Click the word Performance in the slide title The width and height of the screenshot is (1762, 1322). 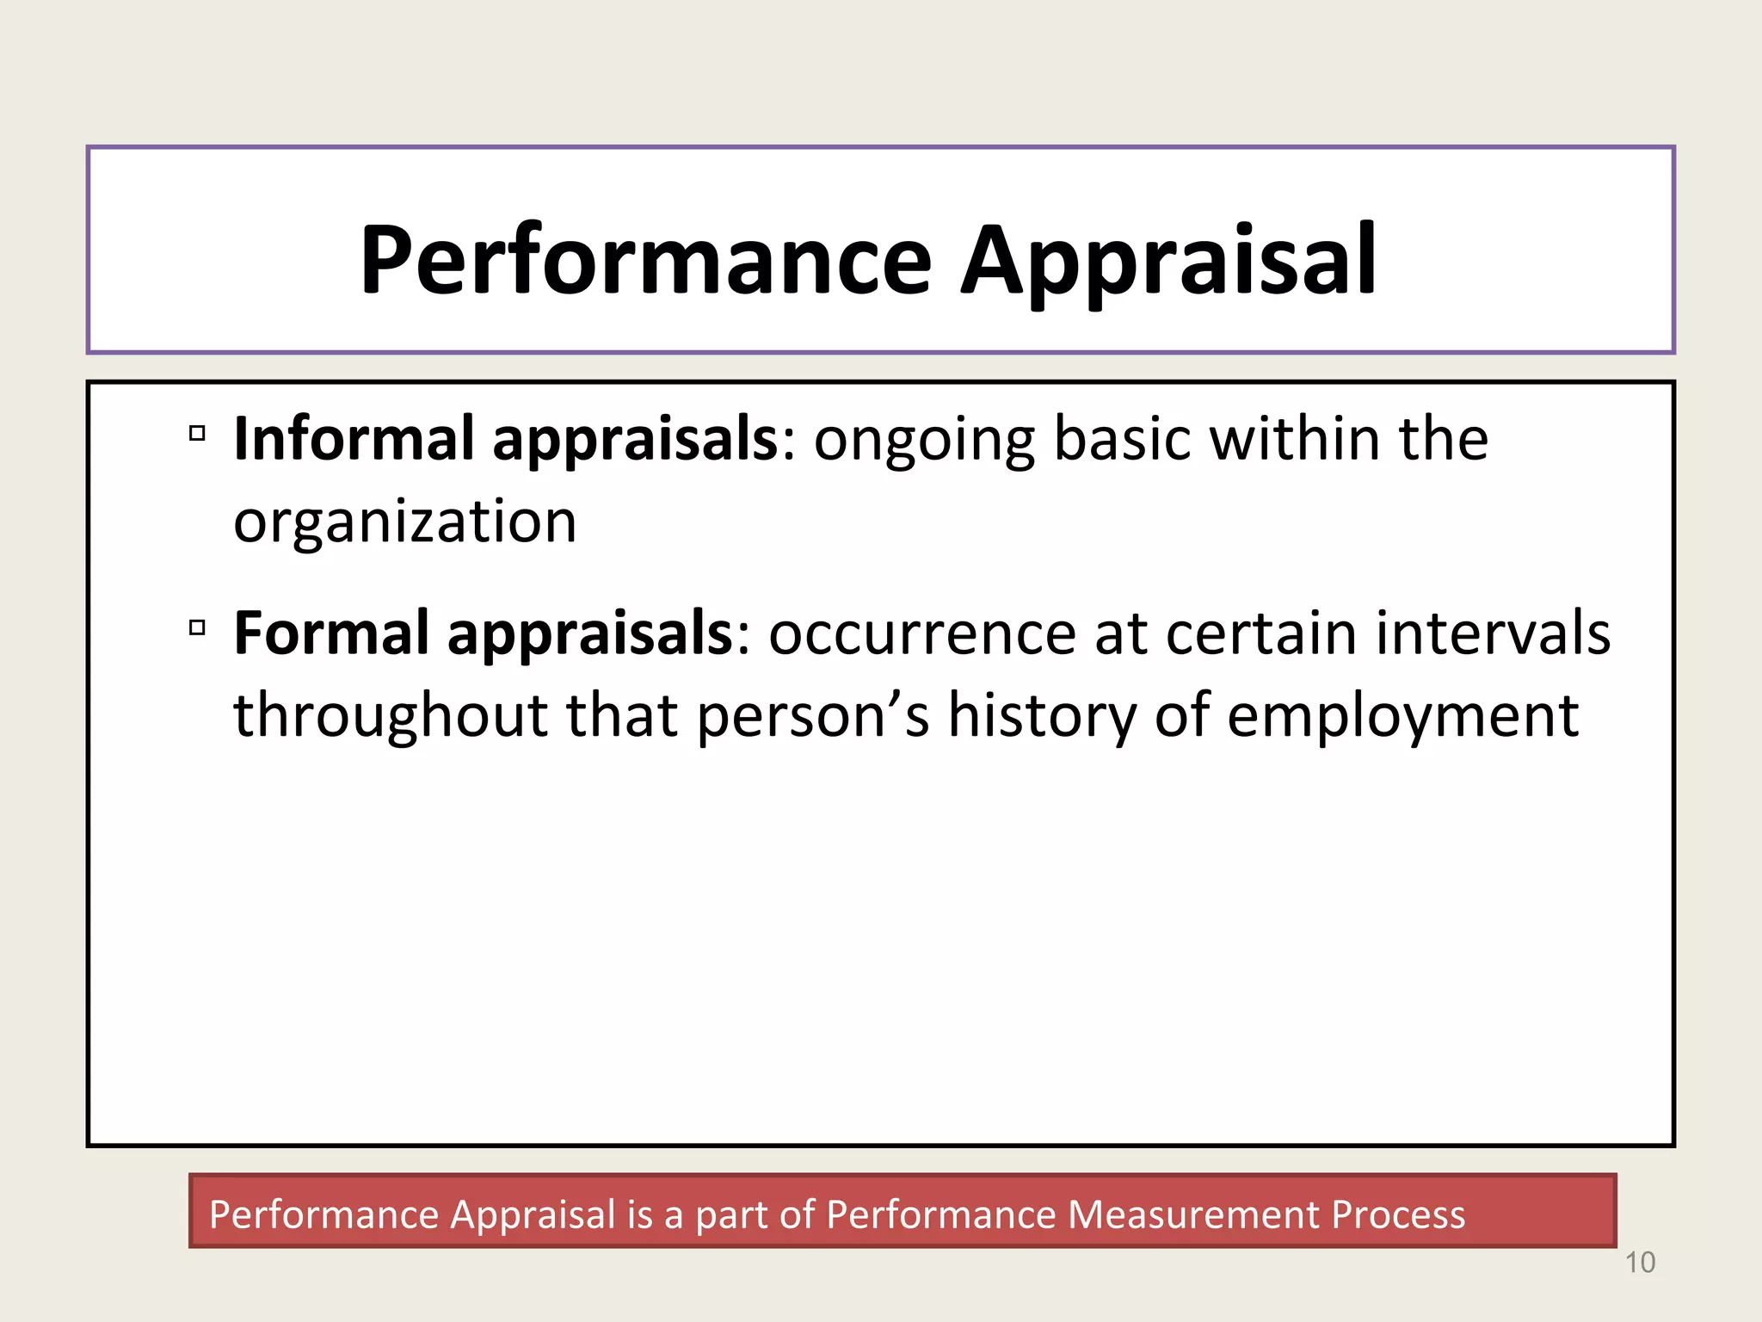pos(645,260)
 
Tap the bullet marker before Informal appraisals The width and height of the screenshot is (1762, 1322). pos(197,433)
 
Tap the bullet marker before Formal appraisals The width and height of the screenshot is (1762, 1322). pos(197,627)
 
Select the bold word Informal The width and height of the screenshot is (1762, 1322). pos(354,439)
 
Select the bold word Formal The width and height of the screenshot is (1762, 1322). pos(331,633)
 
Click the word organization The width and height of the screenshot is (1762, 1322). pos(404,523)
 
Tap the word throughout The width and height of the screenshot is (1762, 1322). pos(391,716)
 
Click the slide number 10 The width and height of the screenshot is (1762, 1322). pos(1640,1263)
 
